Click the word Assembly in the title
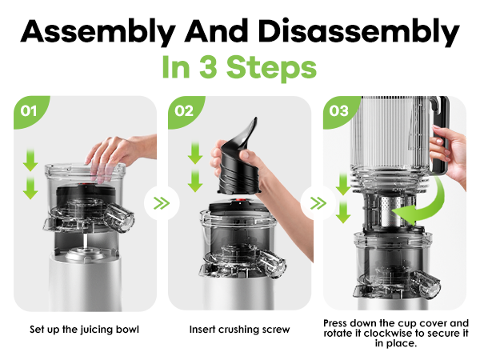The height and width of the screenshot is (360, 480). pyautogui.click(x=98, y=32)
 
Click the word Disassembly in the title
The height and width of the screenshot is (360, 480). pyautogui.click(x=358, y=32)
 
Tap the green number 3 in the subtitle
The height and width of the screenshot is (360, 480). pyautogui.click(x=208, y=66)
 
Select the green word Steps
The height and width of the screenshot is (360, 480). pyautogui.click(x=271, y=69)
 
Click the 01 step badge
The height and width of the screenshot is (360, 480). pyautogui.click(x=29, y=111)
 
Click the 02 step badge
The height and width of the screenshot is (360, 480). pyautogui.click(x=184, y=111)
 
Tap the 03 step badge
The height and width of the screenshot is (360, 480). pyautogui.click(x=339, y=111)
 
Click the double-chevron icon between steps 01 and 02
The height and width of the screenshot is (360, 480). pyautogui.click(x=162, y=203)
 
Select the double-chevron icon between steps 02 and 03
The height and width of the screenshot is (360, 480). pyautogui.click(x=318, y=203)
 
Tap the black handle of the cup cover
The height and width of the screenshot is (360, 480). pyautogui.click(x=441, y=134)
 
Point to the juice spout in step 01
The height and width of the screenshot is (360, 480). pyautogui.click(x=118, y=217)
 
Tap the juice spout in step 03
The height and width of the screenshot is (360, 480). pyautogui.click(x=426, y=286)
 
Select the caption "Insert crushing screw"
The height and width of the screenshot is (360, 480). pyautogui.click(x=239, y=330)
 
